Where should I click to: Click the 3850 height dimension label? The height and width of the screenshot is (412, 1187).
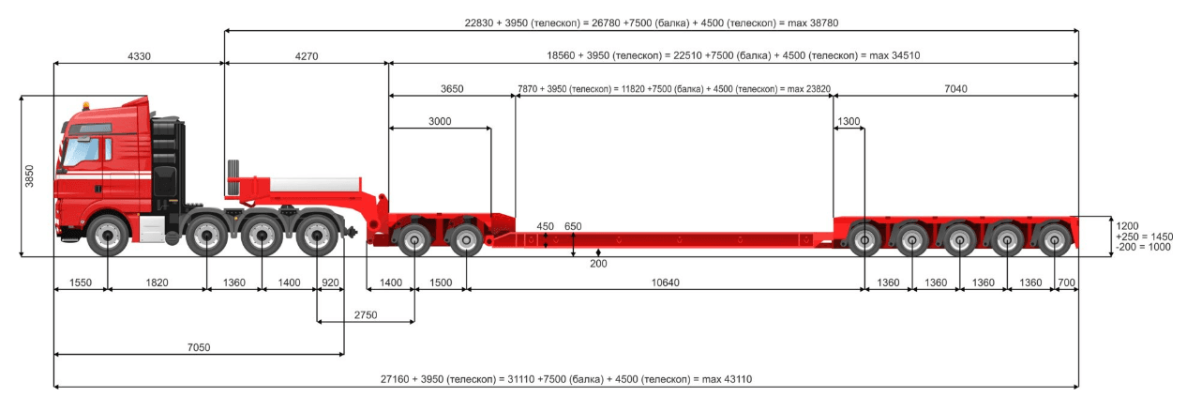[29, 175]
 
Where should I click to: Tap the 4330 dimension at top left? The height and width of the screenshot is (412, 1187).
[139, 56]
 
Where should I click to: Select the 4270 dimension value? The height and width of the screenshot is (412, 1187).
[307, 56]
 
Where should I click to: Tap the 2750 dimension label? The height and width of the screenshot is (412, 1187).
[366, 315]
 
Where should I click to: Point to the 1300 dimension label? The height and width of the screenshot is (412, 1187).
[849, 121]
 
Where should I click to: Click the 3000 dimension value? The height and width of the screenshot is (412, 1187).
[440, 121]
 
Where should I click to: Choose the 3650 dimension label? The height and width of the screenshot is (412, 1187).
[452, 89]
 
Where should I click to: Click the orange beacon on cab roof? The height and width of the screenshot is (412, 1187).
[85, 102]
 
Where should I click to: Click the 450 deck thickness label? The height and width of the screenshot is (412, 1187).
[545, 226]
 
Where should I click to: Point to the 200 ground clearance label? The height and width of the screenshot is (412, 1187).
[598, 264]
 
